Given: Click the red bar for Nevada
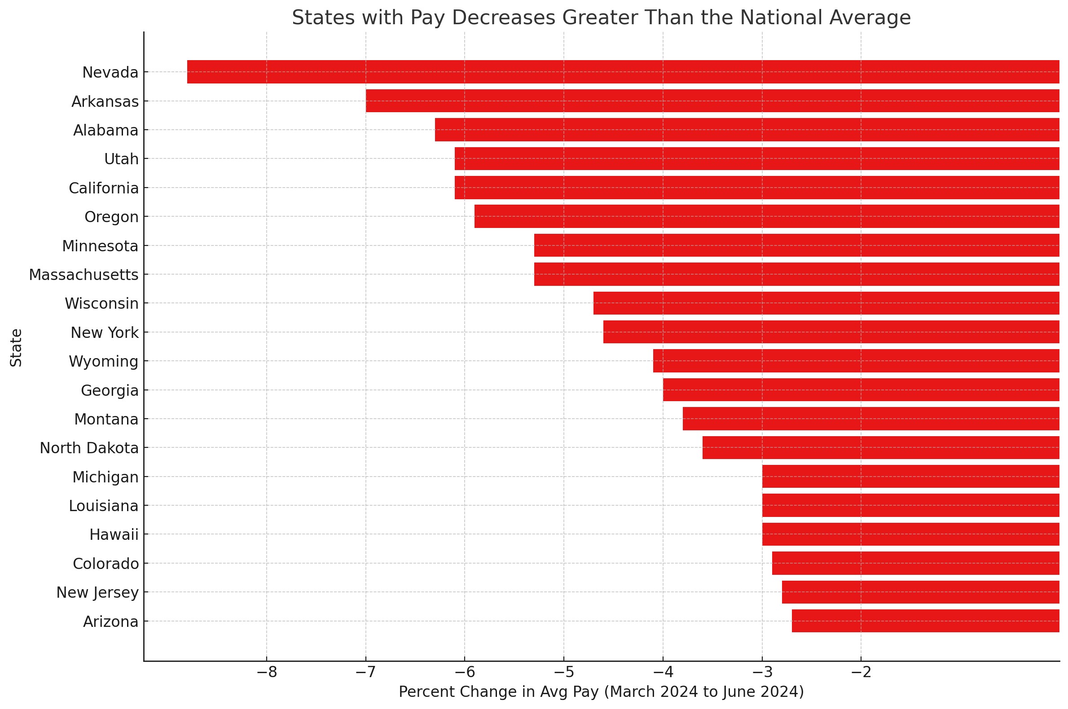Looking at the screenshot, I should (622, 72).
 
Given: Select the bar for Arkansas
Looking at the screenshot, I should (712, 101).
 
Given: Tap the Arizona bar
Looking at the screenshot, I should (925, 621).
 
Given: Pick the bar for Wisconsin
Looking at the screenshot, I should (826, 303).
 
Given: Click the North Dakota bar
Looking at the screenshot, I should (880, 448).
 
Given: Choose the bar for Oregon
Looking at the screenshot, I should (766, 216).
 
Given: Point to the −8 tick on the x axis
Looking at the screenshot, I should (266, 672).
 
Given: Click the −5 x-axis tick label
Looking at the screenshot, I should (563, 672).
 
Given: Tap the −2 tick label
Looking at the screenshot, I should (861, 672).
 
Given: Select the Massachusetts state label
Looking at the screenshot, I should (84, 275).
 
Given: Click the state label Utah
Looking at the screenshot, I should (121, 159).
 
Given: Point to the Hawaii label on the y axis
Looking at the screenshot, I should (114, 534).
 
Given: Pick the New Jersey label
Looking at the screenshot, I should (97, 592).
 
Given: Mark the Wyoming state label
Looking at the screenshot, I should (104, 361).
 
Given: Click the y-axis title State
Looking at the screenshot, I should (16, 347).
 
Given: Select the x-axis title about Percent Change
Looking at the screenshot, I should (601, 692).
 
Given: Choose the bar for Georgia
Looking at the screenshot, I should (861, 390).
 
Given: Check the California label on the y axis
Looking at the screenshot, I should (104, 188).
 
